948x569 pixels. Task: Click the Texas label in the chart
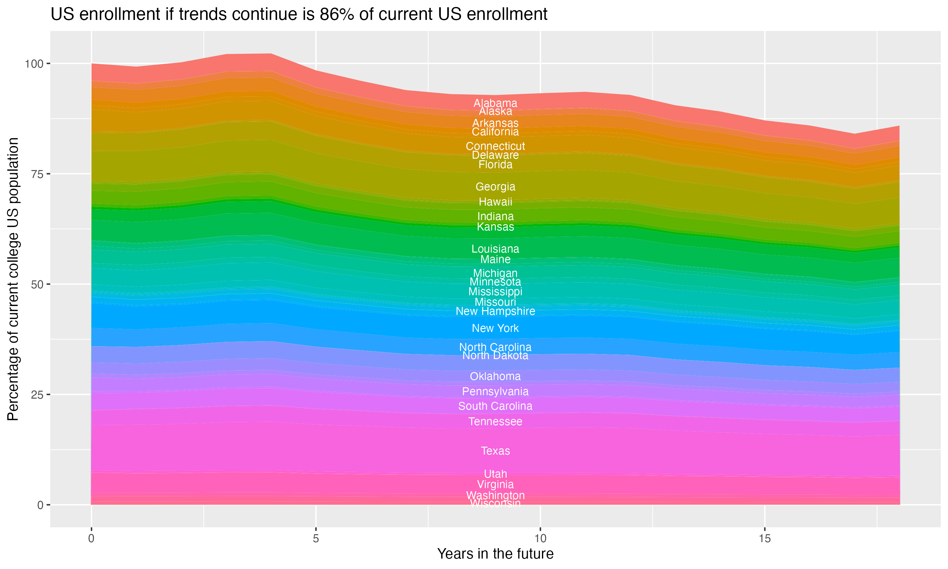point(495,451)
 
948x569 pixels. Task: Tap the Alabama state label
point(495,103)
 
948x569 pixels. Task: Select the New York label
point(495,328)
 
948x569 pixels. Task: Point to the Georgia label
point(495,187)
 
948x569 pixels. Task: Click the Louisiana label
point(495,249)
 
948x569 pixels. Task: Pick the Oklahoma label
point(495,376)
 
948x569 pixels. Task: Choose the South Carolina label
point(495,406)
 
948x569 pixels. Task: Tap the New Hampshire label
point(495,311)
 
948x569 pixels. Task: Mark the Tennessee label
point(495,421)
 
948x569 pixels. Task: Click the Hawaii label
point(495,202)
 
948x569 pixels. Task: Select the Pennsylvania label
point(495,391)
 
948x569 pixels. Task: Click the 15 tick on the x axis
point(764,539)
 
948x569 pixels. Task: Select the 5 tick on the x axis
point(316,539)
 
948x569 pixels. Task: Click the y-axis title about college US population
point(13,279)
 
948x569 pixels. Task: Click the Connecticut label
point(495,146)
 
